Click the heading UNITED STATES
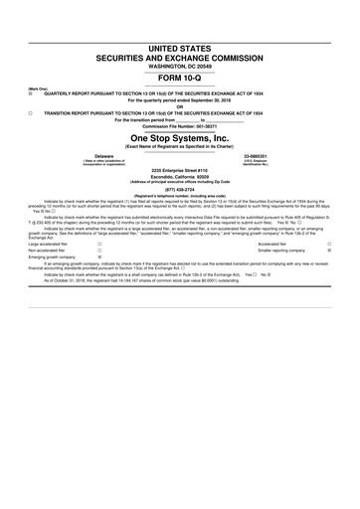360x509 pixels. pos(179,49)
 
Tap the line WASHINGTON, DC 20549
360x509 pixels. pos(179,67)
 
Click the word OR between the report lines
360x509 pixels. pos(179,107)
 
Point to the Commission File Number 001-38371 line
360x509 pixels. pos(179,126)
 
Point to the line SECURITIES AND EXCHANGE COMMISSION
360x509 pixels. pos(179,58)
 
